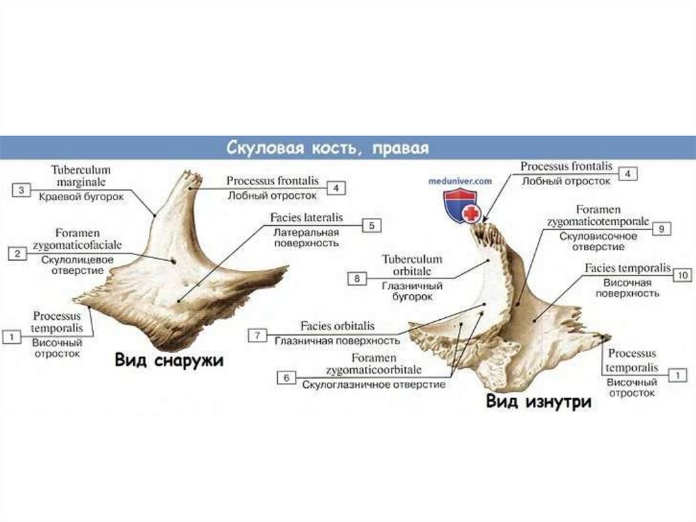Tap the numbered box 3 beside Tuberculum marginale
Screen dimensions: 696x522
coord(21,191)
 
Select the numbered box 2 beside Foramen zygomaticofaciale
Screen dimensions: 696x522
coord(17,254)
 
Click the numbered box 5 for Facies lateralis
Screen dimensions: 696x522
coord(371,225)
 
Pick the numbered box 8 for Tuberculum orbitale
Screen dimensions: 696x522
coord(357,278)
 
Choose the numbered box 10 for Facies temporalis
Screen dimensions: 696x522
coord(682,275)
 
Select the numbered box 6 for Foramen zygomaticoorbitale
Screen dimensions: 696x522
coord(286,377)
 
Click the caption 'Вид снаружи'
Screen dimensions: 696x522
coord(169,360)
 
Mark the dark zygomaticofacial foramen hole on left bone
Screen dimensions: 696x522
coord(173,260)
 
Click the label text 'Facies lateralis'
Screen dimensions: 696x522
coord(306,218)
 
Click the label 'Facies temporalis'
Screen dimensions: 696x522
coord(627,269)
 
